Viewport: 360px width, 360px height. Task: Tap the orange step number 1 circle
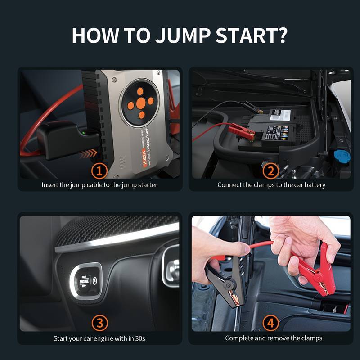pyautogui.click(x=99, y=171)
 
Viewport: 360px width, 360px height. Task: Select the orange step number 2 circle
pyautogui.click(x=270, y=171)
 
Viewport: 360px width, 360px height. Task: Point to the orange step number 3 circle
pyautogui.click(x=99, y=322)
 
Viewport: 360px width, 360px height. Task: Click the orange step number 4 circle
pyautogui.click(x=270, y=322)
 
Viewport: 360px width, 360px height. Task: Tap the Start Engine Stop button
pyautogui.click(x=84, y=280)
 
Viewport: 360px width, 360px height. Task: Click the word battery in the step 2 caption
pyautogui.click(x=313, y=185)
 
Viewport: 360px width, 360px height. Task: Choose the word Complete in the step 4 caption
pyautogui.click(x=240, y=338)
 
